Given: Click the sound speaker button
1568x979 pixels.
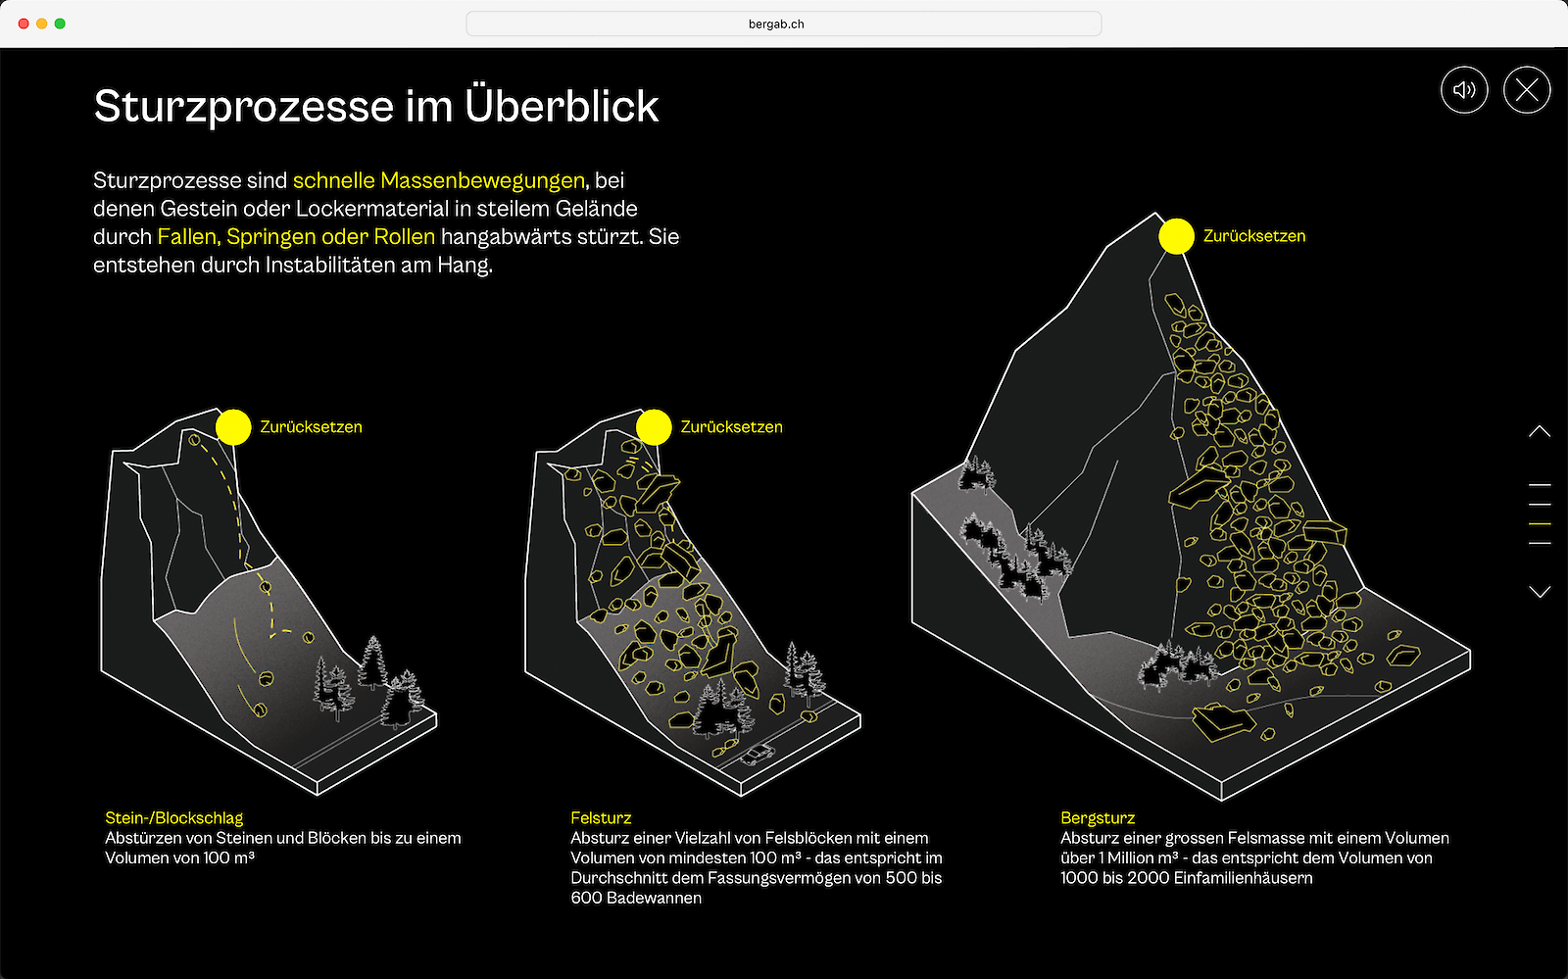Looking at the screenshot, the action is (1464, 89).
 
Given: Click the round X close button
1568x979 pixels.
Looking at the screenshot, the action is (1527, 89).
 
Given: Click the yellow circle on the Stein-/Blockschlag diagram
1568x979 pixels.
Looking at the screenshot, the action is (233, 427).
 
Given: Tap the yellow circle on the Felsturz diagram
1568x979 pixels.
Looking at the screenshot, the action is (654, 427).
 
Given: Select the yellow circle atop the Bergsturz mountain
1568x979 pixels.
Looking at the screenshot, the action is (1176, 236).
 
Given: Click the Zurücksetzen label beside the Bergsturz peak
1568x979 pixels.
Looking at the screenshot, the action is (1254, 236).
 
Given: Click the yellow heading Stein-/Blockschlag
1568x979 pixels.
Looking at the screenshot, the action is (174, 817).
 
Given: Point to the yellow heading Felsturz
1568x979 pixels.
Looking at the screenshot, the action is (601, 817).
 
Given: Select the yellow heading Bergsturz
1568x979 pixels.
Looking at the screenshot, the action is (1098, 817).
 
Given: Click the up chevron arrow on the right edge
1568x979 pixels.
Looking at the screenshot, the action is (1540, 431).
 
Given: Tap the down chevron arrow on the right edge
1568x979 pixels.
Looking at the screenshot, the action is (1540, 592).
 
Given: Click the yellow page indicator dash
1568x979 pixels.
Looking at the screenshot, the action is (1540, 523).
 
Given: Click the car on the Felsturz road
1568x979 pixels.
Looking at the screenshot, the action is (758, 755).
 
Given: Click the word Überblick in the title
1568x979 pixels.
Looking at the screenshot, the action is (562, 107).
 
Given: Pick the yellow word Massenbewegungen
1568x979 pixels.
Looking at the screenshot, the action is (482, 180).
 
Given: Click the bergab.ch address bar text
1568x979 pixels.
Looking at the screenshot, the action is (776, 24).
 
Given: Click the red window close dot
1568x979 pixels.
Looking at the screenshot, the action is (24, 24).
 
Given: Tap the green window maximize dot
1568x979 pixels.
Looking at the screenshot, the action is (60, 24).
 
